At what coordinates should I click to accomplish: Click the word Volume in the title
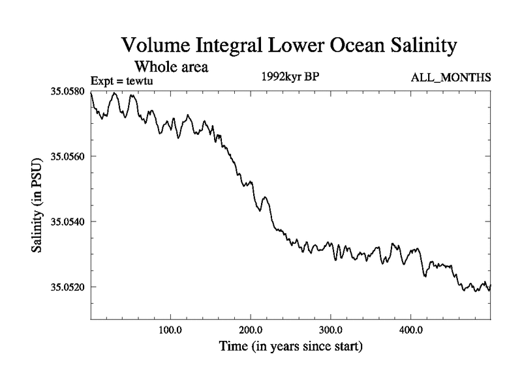155,46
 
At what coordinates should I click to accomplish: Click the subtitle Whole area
171,66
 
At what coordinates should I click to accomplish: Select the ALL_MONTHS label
450,78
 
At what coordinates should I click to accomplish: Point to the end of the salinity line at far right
490,286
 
